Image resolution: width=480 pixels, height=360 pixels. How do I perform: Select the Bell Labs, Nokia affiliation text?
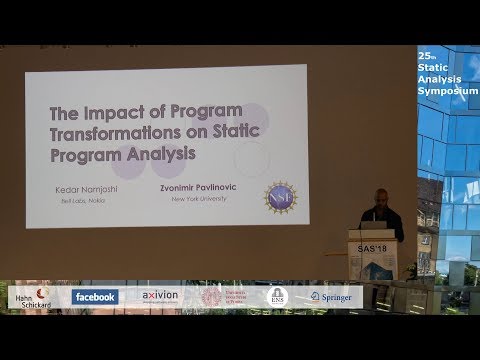click(85, 200)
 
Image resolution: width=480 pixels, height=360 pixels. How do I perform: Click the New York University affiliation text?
click(208, 200)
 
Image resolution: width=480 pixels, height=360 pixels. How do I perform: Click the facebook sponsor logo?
click(95, 297)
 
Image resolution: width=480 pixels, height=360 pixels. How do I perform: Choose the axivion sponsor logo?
click(159, 297)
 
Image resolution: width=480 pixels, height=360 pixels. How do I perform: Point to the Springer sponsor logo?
click(330, 296)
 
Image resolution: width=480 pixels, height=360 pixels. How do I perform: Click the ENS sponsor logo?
click(278, 296)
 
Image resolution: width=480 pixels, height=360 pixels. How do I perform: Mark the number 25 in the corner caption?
click(424, 51)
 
